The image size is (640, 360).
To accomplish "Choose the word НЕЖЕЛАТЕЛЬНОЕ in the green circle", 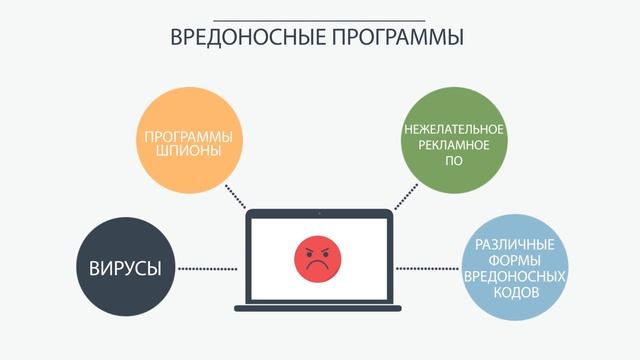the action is click(x=455, y=131).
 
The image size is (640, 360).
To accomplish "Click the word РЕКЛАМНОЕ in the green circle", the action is click(x=455, y=146).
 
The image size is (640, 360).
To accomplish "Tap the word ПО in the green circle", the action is click(x=455, y=161).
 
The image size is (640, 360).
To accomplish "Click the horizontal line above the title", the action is click(x=319, y=20).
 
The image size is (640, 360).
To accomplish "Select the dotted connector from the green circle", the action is click(x=405, y=196).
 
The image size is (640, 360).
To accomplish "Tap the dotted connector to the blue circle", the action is click(x=429, y=268).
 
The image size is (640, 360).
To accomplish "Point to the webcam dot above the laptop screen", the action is click(x=319, y=213).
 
